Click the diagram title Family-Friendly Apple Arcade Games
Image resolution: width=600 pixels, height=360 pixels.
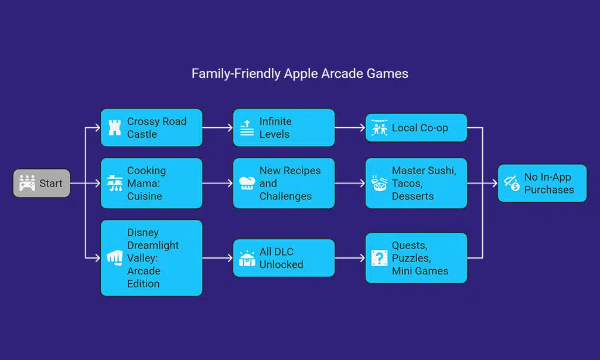pos(299,74)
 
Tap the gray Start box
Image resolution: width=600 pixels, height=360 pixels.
pos(42,183)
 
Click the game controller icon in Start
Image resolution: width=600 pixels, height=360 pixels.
pos(27,183)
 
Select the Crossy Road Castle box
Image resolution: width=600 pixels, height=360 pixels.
pos(151,128)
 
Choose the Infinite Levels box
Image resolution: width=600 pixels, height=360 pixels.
pos(284,128)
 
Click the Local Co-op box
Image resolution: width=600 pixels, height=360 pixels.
pos(416,128)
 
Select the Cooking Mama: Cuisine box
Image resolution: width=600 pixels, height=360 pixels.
pos(151,183)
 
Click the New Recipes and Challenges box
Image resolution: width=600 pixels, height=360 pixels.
pos(284,183)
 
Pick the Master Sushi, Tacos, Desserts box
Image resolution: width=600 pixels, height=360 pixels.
pos(416,183)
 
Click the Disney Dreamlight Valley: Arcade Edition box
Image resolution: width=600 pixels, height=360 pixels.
pos(151,258)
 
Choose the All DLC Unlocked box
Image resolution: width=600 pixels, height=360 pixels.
pos(284,258)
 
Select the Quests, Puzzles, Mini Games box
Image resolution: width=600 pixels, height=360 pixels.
pos(416,258)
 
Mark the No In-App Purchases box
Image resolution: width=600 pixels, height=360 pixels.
pos(542,183)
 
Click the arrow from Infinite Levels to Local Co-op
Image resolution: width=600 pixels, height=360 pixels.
pos(350,128)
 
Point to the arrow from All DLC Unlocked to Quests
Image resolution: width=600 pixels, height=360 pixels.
pos(350,258)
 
